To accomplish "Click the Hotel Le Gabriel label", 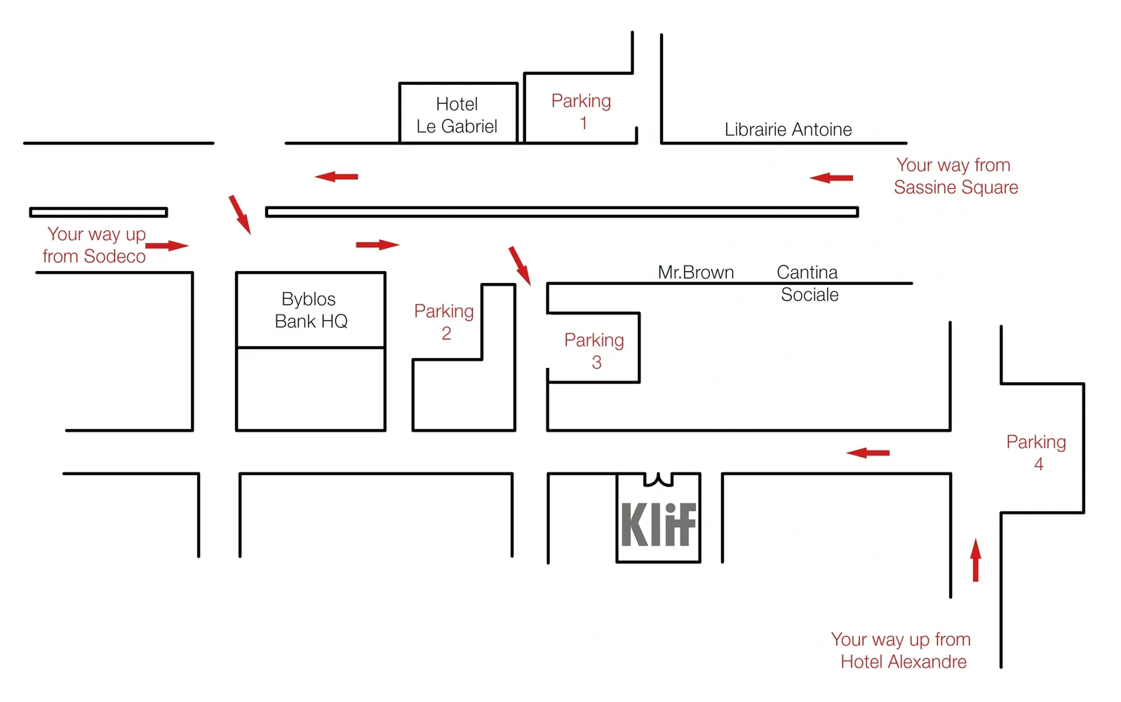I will [457, 115].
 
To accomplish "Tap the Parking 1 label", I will [581, 112].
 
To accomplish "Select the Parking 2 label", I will [444, 322].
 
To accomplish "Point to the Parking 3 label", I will [594, 351].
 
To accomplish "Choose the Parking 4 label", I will [1036, 453].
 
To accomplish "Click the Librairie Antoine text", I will [788, 130].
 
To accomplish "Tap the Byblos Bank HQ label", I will [310, 310].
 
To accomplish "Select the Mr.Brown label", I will [695, 272].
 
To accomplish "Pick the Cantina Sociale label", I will [808, 283].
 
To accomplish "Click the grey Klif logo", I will [658, 524].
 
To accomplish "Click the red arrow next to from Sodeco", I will [167, 246].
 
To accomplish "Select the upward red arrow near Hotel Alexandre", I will [975, 560].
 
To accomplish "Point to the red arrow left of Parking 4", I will [868, 453].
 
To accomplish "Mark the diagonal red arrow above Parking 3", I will [520, 265].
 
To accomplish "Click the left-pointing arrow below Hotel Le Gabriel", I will [337, 176].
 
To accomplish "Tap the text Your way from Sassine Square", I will [955, 176].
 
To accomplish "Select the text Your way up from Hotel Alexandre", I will [901, 651].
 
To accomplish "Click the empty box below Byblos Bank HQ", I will [310, 389].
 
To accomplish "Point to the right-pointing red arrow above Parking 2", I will [377, 244].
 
